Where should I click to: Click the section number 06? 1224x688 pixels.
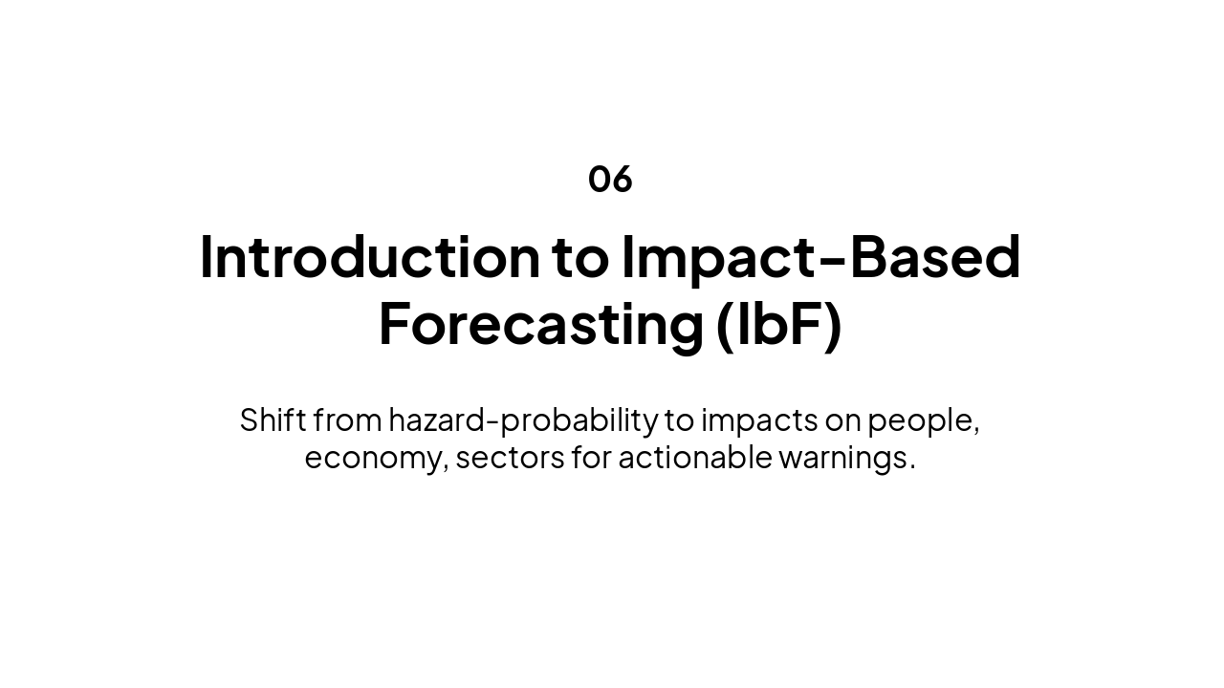(610, 179)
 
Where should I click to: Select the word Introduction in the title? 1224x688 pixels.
(369, 257)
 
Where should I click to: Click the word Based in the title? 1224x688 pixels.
(935, 257)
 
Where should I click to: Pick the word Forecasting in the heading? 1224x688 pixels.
(541, 324)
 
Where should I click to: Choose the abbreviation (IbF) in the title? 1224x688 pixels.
(778, 324)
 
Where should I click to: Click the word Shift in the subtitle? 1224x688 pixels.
(273, 419)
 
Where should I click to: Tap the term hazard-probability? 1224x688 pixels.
(523, 419)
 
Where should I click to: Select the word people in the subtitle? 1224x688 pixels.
(923, 419)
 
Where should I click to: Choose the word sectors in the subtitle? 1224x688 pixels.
(510, 458)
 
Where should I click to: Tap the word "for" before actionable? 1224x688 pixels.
(591, 458)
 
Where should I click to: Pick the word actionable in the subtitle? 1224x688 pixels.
(694, 458)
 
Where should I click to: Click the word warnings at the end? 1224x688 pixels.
(845, 458)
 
